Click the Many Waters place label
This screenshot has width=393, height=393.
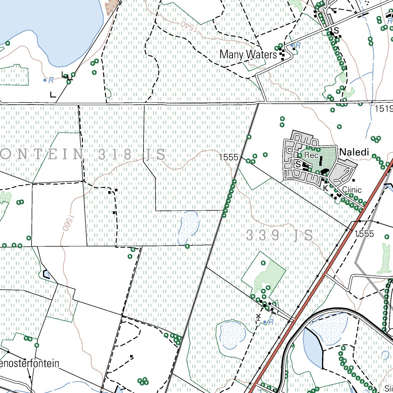pos(248,55)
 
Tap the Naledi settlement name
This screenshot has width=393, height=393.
pos(354,152)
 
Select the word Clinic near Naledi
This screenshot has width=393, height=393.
pos(352,190)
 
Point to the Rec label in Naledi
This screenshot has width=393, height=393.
pos(312,155)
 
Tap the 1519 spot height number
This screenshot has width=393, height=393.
pos(384,109)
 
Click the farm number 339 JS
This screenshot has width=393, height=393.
pos(279,235)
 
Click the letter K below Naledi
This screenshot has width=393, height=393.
pos(325,188)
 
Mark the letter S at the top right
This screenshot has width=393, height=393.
pos(337,30)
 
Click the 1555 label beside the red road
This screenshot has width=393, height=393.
pos(364,234)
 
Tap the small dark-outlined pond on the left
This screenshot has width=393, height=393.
pos(47,274)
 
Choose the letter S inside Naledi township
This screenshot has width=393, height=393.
pos(298,164)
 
